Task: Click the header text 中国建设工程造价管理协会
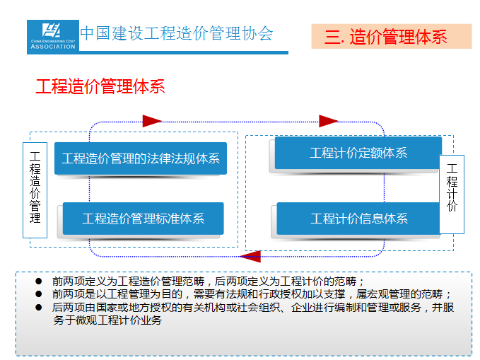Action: (x=176, y=33)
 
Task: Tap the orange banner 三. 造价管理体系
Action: (x=392, y=37)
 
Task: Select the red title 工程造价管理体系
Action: (x=100, y=86)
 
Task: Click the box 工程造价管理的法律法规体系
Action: (x=141, y=158)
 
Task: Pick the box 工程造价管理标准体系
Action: (x=144, y=219)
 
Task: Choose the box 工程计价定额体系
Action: (x=358, y=153)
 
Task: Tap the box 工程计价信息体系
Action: (x=359, y=219)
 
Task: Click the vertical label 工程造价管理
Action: (x=35, y=190)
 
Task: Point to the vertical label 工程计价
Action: (x=452, y=194)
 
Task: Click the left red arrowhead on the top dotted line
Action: (x=152, y=121)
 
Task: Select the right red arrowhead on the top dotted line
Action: (x=328, y=121)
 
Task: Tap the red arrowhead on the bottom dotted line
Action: (x=251, y=257)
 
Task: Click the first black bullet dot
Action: (x=39, y=281)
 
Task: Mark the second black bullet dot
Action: (x=39, y=294)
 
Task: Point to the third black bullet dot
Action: (x=39, y=307)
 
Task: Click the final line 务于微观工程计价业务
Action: (x=107, y=320)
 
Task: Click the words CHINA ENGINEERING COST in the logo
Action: (x=53, y=41)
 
